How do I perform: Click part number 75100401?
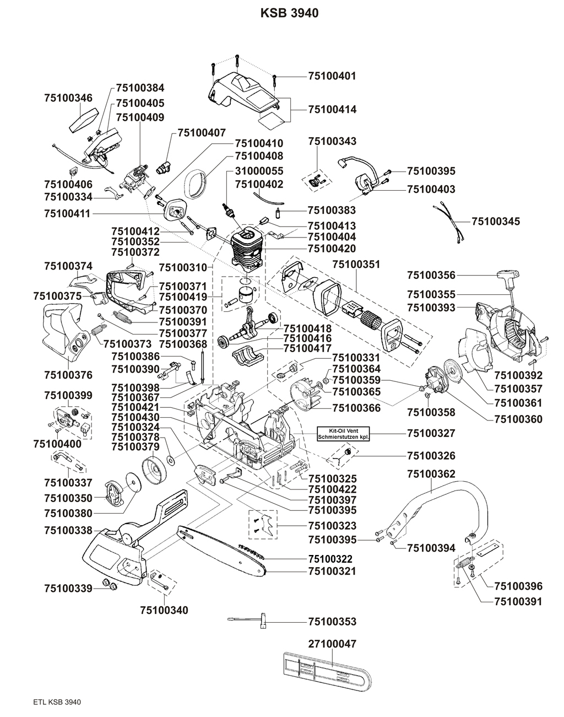[332, 76]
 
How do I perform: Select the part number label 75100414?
[332, 110]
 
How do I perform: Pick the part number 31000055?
[259, 171]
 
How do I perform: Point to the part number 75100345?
[496, 222]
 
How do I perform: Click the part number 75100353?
[332, 622]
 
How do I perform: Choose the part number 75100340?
[164, 610]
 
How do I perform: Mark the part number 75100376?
[68, 375]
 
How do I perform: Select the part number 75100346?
[68, 98]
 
